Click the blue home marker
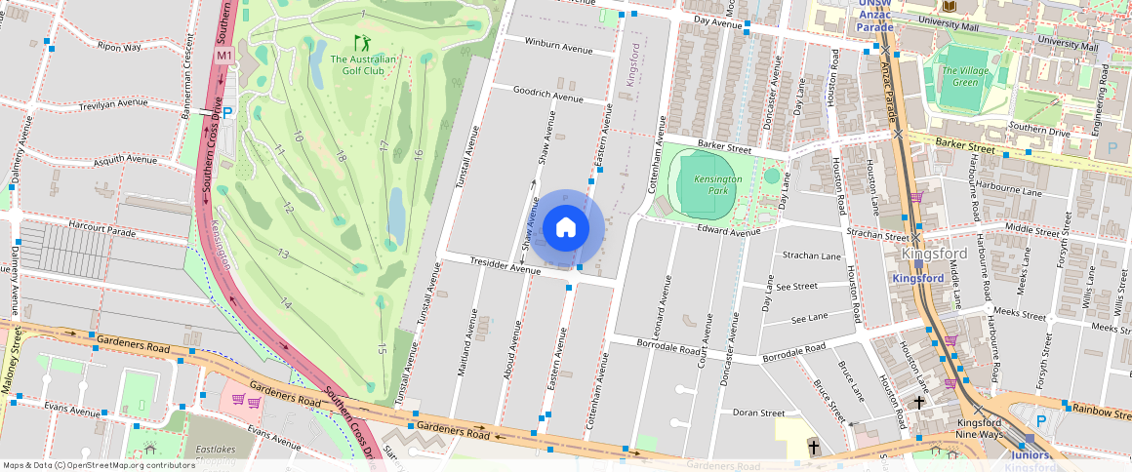pos(566,228)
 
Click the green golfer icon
pos(362,43)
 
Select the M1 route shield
pos(224,56)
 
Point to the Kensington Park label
pos(718,185)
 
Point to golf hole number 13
pos(283,255)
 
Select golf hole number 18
pos(341,157)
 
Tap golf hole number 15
pos(383,349)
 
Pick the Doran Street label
pos(758,413)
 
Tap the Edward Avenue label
pos(727,231)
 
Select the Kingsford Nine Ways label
pos(978,428)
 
